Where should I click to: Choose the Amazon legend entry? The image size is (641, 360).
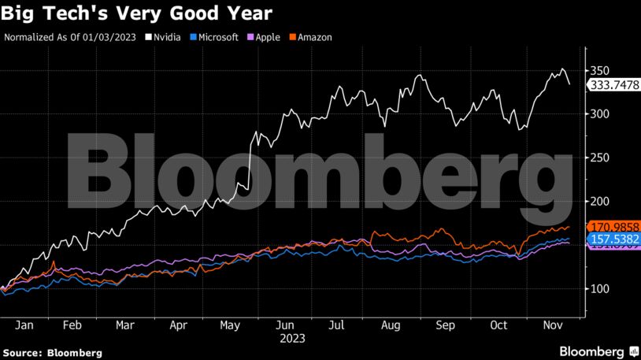point(310,37)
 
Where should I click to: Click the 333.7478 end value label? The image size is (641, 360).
point(613,84)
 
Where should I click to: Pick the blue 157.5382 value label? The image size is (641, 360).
point(613,239)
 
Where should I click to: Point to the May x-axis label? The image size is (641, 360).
point(231,324)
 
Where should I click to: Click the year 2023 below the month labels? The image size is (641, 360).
point(291,338)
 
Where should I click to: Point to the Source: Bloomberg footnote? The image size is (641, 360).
point(52,352)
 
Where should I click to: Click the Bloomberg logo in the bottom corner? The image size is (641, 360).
point(598,351)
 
